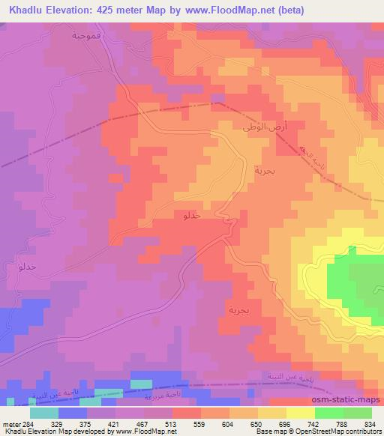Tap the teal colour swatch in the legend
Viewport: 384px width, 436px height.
click(x=44, y=412)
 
